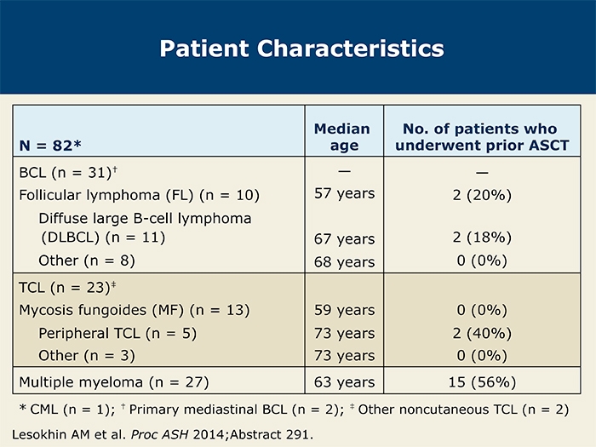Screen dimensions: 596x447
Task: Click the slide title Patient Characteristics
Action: click(x=301, y=49)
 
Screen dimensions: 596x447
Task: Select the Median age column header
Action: click(x=342, y=137)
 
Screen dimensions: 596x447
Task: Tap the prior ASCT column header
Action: click(x=482, y=137)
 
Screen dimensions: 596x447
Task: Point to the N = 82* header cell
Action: click(x=50, y=146)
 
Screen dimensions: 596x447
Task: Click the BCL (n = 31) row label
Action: click(x=68, y=173)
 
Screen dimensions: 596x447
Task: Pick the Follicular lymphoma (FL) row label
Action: click(x=139, y=195)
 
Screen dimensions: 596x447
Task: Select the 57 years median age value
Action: click(x=344, y=194)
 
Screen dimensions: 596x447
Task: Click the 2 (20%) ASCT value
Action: click(x=482, y=195)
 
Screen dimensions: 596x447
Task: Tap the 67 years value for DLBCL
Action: click(x=344, y=239)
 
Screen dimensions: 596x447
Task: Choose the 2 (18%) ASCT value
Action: click(x=482, y=238)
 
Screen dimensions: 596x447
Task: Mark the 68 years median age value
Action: click(x=344, y=262)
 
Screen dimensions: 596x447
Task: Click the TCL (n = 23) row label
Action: click(x=67, y=288)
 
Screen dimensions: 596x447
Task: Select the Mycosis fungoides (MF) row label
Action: click(x=135, y=310)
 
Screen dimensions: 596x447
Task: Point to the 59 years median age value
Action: click(x=344, y=310)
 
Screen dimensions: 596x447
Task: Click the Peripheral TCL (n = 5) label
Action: click(x=117, y=334)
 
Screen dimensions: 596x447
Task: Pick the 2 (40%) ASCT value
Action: click(x=482, y=334)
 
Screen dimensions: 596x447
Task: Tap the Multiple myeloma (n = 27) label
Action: click(x=114, y=382)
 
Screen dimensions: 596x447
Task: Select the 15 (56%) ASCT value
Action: click(x=482, y=382)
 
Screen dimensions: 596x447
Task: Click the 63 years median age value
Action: click(x=344, y=382)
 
